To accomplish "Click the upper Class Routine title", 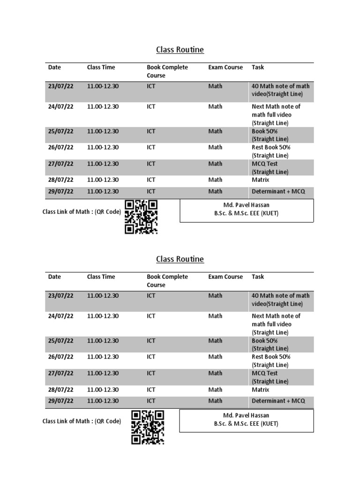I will (180, 50).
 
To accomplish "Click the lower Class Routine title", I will (180, 259).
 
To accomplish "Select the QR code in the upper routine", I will (141, 217).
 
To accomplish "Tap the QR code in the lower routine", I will (147, 427).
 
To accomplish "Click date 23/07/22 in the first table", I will (61, 86).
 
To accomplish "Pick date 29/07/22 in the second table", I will (61, 401).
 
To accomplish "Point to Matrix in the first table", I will (261, 180).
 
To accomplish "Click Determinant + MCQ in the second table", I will (278, 401).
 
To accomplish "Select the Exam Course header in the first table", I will (225, 67).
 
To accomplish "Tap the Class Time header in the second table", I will (101, 277).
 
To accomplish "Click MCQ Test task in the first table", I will (265, 164).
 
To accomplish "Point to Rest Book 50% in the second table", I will (271, 357).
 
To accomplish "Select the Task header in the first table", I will (258, 67).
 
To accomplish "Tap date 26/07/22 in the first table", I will (61, 148).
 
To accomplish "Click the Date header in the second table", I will (54, 277).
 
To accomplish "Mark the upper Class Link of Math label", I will (82, 212).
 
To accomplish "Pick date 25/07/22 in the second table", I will (61, 341).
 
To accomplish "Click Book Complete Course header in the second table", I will (167, 281).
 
